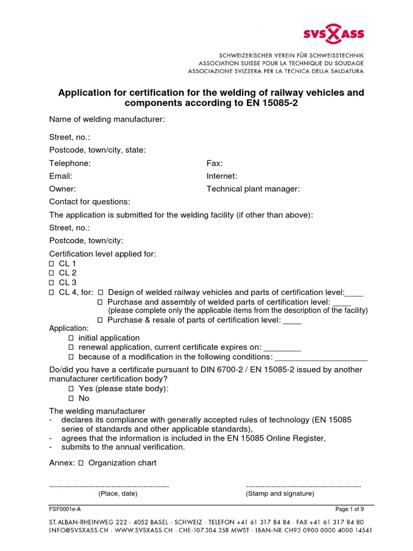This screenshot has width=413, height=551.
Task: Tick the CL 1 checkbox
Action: pyautogui.click(x=52, y=264)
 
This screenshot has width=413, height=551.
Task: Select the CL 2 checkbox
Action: pyautogui.click(x=52, y=273)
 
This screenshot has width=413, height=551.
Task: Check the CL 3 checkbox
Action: pyautogui.click(x=52, y=283)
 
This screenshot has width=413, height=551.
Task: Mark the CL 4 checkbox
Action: pyautogui.click(x=52, y=293)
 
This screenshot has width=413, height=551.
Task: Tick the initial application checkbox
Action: pyautogui.click(x=71, y=338)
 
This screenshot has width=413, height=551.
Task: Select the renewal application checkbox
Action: pyautogui.click(x=71, y=348)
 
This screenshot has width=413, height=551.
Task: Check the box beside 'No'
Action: pyautogui.click(x=71, y=399)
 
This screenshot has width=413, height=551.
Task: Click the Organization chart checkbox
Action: pyautogui.click(x=81, y=463)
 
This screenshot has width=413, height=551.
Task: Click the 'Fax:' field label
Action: pyautogui.click(x=215, y=163)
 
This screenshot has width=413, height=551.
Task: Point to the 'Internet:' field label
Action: pyautogui.click(x=222, y=176)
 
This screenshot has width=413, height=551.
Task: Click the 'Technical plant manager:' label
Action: pyautogui.click(x=253, y=189)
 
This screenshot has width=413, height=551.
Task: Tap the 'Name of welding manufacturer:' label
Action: pyautogui.click(x=107, y=119)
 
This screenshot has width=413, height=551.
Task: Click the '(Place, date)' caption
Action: pyautogui.click(x=118, y=493)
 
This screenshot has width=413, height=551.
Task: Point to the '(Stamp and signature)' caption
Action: pyautogui.click(x=280, y=493)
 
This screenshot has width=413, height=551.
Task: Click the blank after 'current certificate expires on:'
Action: pyautogui.click(x=282, y=348)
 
